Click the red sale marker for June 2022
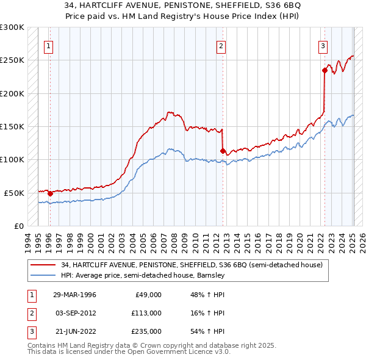(325, 71)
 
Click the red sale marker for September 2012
(223, 151)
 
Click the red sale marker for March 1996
(50, 193)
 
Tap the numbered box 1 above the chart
(48, 45)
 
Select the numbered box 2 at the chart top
(221, 45)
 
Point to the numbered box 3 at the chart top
(323, 45)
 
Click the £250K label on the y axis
(12, 60)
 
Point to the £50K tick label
(14, 193)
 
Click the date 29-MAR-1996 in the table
(74, 295)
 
